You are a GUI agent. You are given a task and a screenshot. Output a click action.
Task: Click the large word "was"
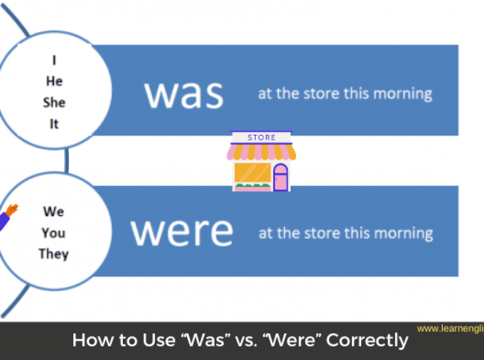click(x=184, y=95)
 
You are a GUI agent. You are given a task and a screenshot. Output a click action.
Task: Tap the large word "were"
click(x=181, y=232)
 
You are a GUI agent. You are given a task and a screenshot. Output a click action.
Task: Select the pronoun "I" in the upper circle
click(x=54, y=60)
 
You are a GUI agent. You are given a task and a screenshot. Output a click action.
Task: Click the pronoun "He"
click(x=54, y=81)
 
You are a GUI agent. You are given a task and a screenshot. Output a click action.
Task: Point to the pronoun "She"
click(x=54, y=103)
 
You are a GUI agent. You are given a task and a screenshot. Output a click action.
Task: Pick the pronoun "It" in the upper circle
click(x=54, y=124)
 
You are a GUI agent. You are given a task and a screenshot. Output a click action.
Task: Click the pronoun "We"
click(x=54, y=211)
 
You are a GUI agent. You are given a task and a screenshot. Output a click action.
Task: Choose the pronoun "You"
click(x=54, y=233)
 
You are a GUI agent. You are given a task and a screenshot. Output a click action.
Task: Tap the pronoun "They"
click(x=54, y=254)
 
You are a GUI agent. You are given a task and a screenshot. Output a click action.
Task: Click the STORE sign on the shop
click(x=261, y=137)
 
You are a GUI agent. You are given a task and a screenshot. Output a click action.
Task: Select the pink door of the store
click(x=281, y=177)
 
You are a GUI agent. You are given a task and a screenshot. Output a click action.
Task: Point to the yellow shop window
click(x=252, y=172)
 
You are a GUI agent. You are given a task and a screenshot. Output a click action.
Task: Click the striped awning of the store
click(x=261, y=152)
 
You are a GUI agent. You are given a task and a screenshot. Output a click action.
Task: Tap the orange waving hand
click(x=12, y=210)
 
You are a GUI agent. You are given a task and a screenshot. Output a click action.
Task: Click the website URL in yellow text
click(x=450, y=328)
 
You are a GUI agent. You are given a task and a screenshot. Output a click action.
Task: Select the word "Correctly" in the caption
click(x=367, y=340)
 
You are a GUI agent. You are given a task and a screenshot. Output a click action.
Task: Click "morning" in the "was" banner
click(x=403, y=94)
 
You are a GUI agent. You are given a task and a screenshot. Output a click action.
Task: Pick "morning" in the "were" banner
click(x=403, y=233)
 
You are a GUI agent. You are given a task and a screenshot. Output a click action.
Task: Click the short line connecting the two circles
click(x=66, y=161)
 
